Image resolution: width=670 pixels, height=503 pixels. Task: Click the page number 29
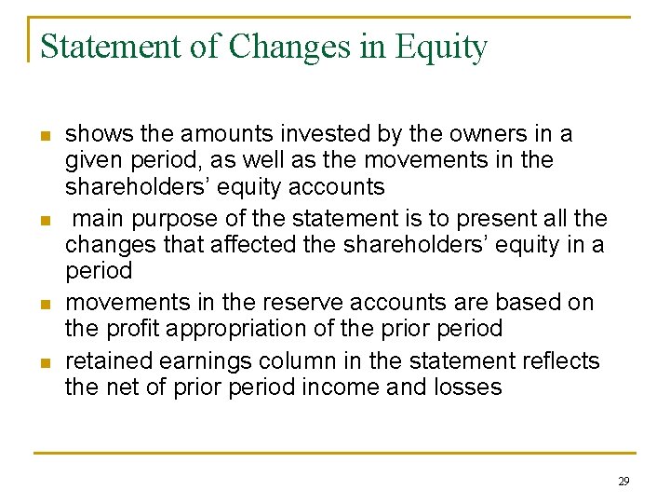[x=623, y=482]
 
